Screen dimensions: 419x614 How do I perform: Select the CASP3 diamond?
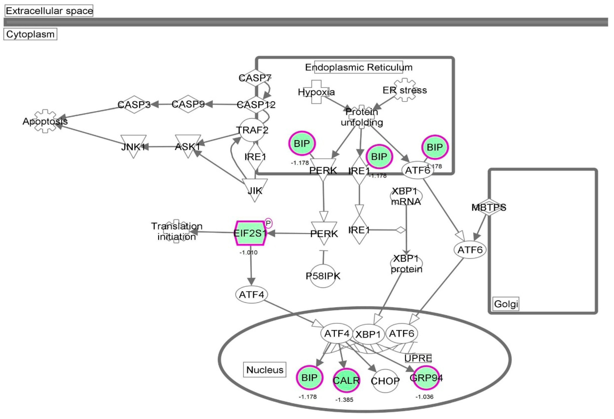[x=134, y=104]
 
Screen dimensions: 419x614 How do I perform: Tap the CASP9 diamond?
[x=188, y=104]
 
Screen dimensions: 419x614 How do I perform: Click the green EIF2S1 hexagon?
[x=250, y=233]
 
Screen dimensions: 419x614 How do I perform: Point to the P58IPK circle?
[x=323, y=276]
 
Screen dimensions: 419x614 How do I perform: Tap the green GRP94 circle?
[x=426, y=378]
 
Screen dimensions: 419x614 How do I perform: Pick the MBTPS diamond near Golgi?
[x=489, y=207]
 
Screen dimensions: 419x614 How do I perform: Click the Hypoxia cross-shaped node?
[x=316, y=92]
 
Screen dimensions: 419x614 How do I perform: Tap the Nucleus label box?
[x=265, y=370]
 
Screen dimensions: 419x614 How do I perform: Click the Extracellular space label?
[x=49, y=11]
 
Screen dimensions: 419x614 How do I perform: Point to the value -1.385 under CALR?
[x=344, y=400]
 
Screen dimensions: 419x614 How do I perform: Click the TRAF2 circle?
[x=252, y=130]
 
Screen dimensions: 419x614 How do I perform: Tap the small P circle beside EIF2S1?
[x=268, y=223]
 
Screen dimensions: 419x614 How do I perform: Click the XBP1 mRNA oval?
[x=406, y=196]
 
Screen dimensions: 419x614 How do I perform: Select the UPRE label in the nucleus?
[x=418, y=358]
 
